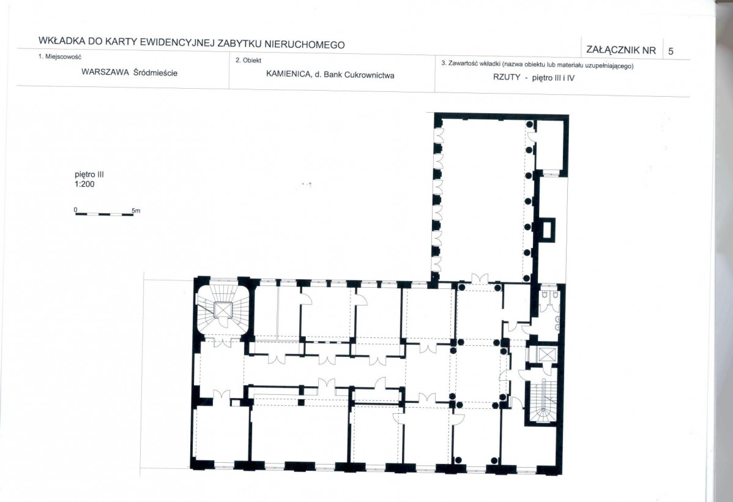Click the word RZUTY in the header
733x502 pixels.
click(506, 77)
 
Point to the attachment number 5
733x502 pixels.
click(671, 51)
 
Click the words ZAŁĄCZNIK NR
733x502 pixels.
click(621, 50)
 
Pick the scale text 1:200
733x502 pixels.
click(84, 184)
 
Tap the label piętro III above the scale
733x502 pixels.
click(89, 175)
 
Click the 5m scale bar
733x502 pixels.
click(104, 214)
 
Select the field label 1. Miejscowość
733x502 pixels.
click(60, 56)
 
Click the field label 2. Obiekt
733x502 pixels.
click(248, 61)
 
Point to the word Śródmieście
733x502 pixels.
click(155, 72)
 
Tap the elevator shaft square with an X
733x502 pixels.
click(545, 354)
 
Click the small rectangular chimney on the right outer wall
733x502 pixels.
click(548, 230)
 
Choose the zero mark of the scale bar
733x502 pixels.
click(75, 209)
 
